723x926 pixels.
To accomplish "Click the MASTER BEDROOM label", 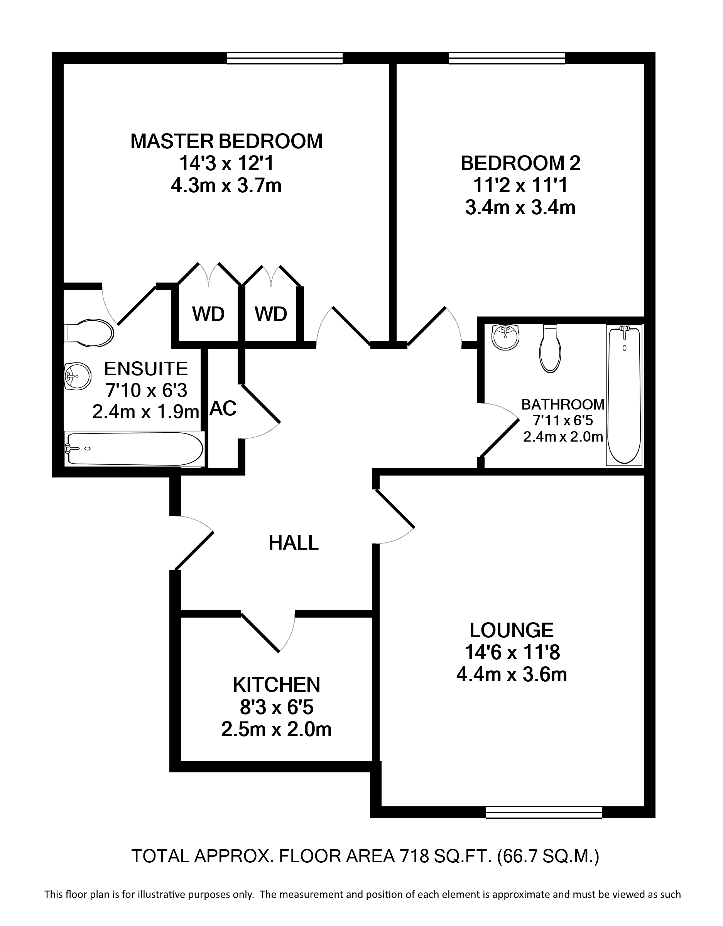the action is coord(226,141).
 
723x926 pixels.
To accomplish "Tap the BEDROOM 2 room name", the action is coord(520,164).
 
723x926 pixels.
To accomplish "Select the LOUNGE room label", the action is coord(512,630).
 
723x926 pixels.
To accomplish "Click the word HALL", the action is coord(293,543).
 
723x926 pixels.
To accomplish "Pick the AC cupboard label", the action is coord(223,408).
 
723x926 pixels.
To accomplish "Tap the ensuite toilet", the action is coord(89,333).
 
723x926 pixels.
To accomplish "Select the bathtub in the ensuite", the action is coord(134,449).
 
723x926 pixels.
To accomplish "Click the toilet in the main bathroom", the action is coord(551,349).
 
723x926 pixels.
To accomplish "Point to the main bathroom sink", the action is coord(505,337).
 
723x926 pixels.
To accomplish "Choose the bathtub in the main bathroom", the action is coord(624,395).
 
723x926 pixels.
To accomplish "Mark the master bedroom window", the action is coord(284,58).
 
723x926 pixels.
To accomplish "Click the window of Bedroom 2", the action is coord(507,58).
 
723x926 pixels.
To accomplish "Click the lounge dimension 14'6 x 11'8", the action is coord(512,653).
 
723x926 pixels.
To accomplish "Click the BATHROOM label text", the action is coord(563,405).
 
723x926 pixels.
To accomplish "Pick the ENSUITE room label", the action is coord(146,369).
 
